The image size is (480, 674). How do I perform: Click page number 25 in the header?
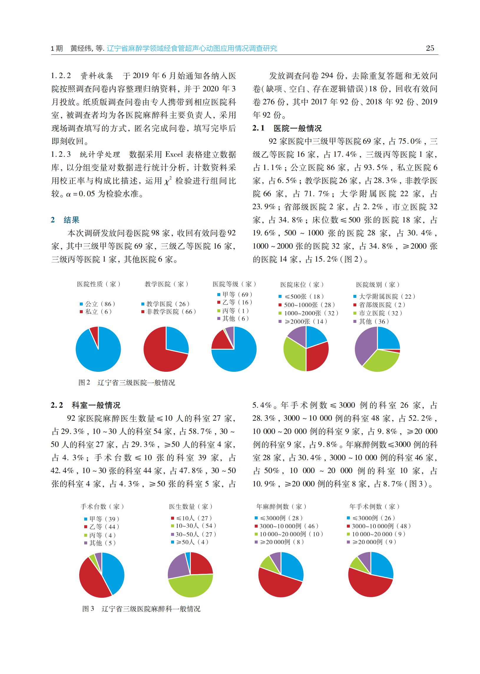point(430,48)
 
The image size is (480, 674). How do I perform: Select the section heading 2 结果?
point(65,220)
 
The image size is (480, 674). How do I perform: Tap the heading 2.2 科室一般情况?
point(86,405)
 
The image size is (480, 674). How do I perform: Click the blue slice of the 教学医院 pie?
point(176,340)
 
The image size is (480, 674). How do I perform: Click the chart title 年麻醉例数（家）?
point(281,506)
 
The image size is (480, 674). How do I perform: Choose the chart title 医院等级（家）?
point(234,284)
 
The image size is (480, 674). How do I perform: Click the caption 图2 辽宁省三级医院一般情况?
point(127,383)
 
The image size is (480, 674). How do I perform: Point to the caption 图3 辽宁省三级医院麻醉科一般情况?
point(141,609)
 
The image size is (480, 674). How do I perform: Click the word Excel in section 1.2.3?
point(174,154)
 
